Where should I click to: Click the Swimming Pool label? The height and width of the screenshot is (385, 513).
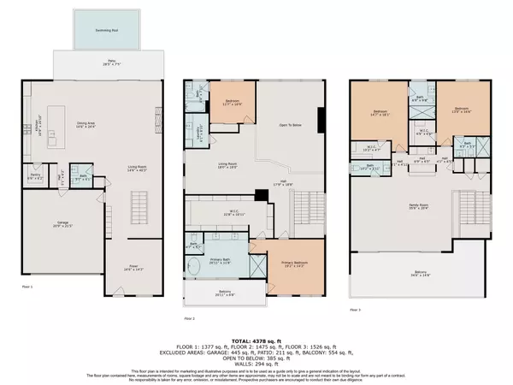click(109, 27)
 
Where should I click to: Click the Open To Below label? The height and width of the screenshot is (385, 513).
click(292, 124)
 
